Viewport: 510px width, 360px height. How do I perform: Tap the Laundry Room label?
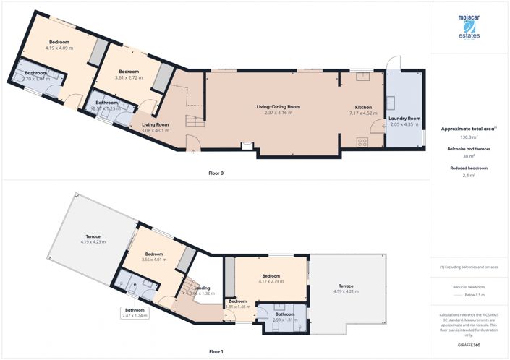404,121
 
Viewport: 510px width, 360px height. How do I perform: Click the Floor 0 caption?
216,173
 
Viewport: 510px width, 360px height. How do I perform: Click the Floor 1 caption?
216,351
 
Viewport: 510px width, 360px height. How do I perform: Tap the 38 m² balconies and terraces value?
468,156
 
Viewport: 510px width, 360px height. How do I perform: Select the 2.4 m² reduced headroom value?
468,175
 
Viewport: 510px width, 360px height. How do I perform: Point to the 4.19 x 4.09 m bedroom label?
59,46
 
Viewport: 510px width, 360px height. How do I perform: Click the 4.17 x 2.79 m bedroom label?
271,279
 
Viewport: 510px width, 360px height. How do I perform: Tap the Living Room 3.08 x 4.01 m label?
155,128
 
